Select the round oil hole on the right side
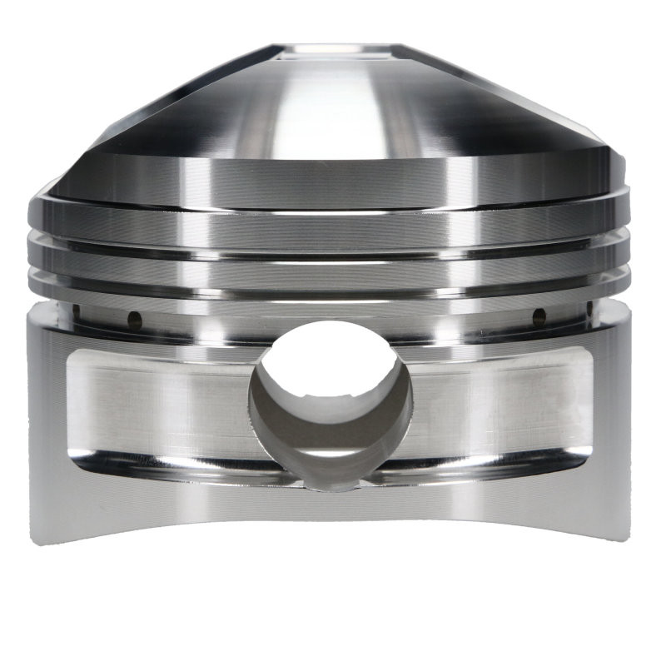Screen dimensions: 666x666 539,316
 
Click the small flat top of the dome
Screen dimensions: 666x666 333,52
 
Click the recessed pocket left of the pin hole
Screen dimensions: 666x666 158,408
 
